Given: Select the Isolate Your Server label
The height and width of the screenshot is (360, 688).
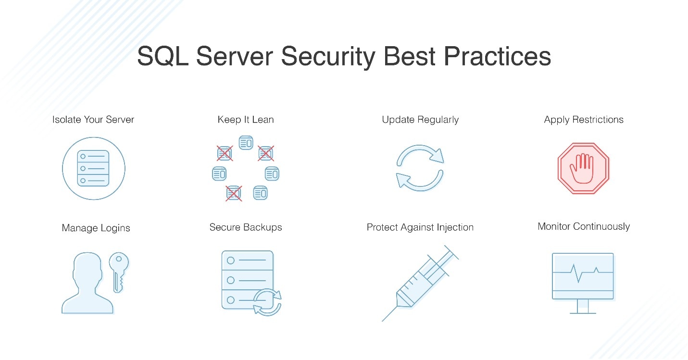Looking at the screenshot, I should pos(93,120).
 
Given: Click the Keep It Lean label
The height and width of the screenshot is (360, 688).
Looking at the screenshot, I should pos(246,120).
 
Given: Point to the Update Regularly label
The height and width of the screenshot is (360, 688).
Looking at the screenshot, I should pos(420,120).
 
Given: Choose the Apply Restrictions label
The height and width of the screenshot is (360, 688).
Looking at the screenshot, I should pos(584,120).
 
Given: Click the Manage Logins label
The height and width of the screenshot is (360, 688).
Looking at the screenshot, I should pos(96,228).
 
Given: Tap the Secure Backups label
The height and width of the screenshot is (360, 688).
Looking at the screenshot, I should pos(246,227).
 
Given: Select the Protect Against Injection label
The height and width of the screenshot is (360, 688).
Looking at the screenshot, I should pos(420,227).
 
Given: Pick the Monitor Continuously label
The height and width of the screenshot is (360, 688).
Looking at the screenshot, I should pos(584,226).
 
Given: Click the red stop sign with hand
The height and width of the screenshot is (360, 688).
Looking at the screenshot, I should pos(583,168).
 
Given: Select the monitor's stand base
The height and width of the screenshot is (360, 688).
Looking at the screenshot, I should pos(583,312).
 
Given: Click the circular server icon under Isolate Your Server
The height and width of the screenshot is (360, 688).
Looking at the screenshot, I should pos(94,168).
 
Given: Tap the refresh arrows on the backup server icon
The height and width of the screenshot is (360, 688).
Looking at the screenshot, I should pos(267,302).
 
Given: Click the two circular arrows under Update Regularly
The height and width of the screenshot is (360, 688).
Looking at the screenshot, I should pos(420,168).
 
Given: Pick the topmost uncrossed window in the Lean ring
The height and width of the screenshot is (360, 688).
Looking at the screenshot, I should pos(246,142).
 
